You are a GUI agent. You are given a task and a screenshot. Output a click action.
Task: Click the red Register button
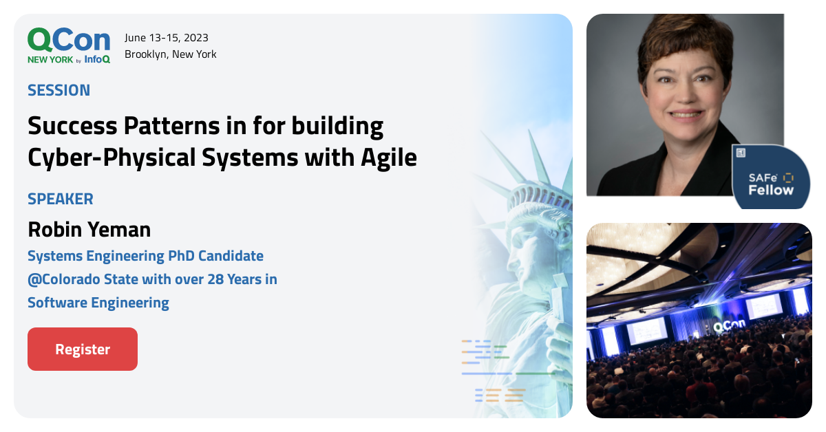83,349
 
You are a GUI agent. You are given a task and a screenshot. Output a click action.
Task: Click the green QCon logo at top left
68,41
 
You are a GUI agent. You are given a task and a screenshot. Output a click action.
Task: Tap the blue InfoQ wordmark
97,60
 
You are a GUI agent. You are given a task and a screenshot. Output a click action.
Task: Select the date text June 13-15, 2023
167,38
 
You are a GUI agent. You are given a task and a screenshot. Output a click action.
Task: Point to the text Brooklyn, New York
171,54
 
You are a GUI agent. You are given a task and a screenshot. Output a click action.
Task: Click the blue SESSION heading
59,90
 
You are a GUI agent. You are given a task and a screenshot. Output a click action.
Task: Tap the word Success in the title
71,126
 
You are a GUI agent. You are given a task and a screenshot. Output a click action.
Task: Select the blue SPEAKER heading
60,199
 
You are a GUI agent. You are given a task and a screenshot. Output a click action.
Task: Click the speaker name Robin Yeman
89,228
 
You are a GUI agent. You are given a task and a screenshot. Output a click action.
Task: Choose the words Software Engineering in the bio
98,302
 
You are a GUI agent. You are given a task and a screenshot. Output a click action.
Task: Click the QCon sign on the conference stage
727,327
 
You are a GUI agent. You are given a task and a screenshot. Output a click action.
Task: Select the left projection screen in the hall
646,330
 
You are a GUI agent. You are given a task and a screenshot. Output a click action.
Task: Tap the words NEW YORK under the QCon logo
50,60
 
